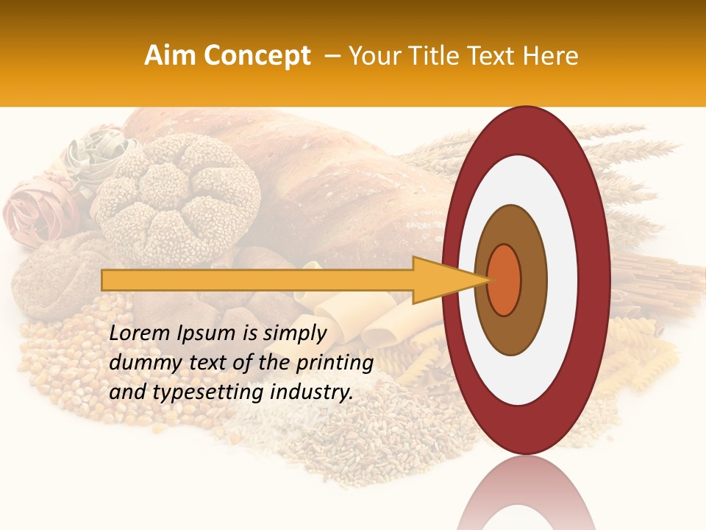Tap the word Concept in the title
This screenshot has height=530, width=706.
256,56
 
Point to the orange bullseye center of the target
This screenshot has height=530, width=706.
504,280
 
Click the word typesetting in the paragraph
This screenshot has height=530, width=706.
193,392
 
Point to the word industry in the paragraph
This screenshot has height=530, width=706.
312,392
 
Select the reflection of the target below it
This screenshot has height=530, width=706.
527,495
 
